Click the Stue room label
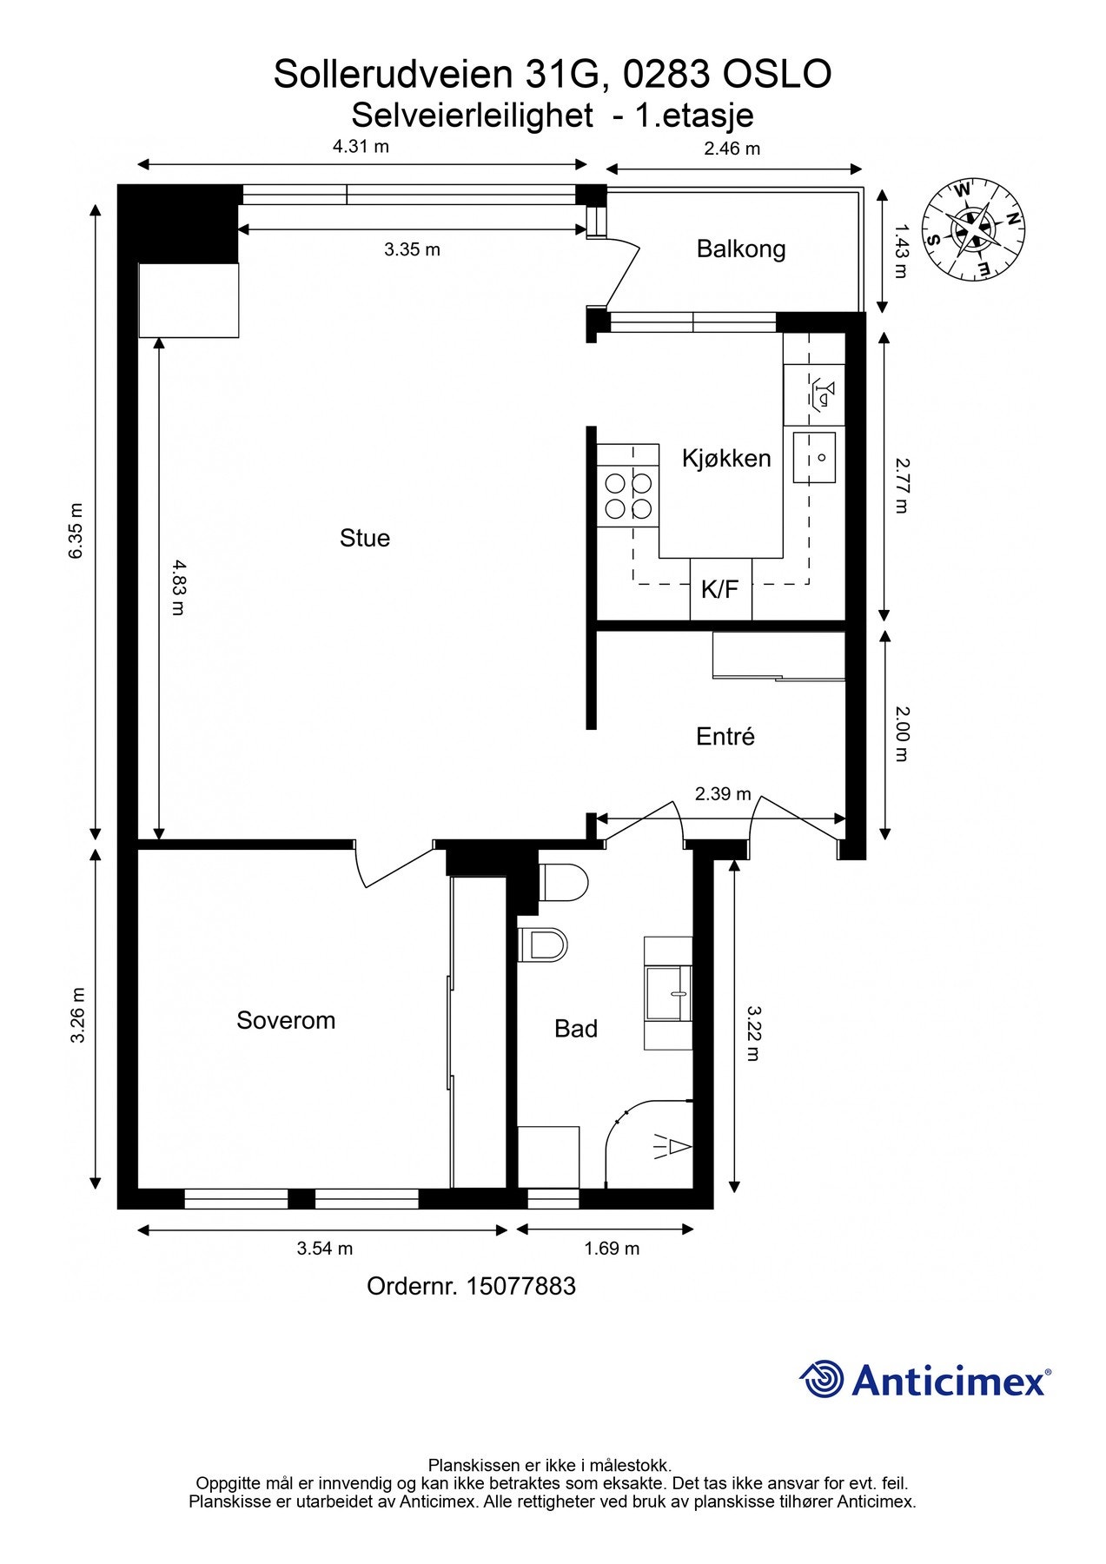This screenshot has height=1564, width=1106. [365, 539]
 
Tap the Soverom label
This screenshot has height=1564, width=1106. [286, 1020]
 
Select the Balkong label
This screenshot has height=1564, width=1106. [741, 249]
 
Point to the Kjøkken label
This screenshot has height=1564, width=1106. [726, 458]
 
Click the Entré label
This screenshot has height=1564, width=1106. [725, 737]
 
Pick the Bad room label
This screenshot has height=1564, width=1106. [576, 1029]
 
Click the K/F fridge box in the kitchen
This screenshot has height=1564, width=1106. [720, 589]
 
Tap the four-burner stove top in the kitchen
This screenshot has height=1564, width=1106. [628, 495]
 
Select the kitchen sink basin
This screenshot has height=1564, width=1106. [814, 458]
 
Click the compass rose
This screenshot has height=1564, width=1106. [973, 229]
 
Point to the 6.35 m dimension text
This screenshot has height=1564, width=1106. [76, 530]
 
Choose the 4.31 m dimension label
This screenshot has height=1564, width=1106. [361, 146]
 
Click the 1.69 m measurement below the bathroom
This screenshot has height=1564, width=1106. [612, 1249]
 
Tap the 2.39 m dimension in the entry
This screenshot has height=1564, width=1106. [723, 793]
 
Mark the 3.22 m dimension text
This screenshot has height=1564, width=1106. [752, 1034]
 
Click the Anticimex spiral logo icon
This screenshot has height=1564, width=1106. [822, 1379]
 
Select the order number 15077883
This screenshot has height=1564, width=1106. [520, 1286]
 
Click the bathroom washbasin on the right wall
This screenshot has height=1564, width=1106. [669, 993]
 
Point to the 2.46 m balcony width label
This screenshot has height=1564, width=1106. [732, 149]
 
